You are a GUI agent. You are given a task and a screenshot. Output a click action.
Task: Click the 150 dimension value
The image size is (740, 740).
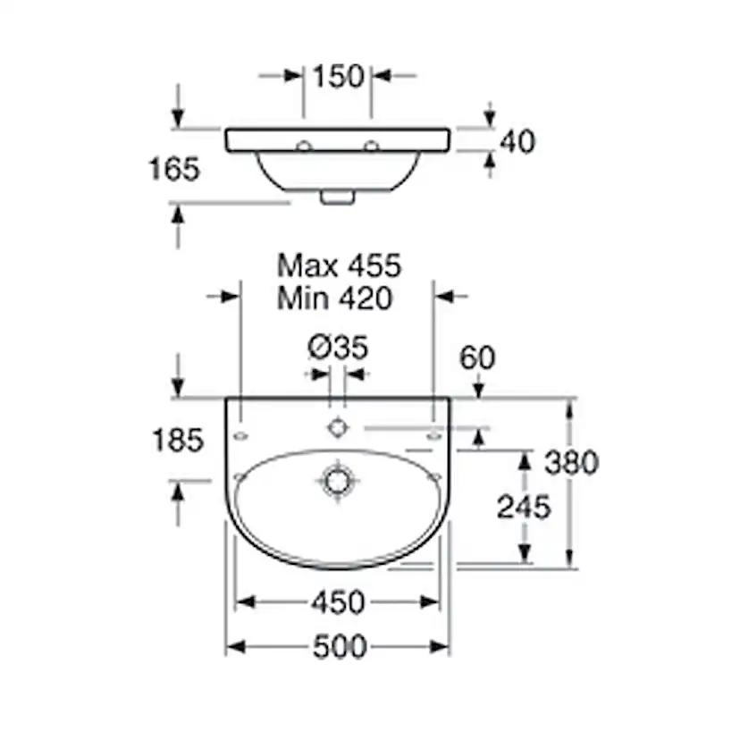(x=339, y=76)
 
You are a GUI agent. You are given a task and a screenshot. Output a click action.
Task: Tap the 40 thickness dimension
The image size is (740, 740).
(x=517, y=141)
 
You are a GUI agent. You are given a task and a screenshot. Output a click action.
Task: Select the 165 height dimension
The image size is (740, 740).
(x=174, y=169)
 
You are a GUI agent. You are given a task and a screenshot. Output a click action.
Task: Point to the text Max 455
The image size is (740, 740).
(x=339, y=265)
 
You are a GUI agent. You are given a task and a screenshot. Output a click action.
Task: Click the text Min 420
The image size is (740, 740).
(x=334, y=299)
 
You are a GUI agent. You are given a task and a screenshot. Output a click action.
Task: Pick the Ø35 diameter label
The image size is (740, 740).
(x=338, y=348)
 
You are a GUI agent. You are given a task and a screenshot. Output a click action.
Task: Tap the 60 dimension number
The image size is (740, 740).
(x=477, y=357)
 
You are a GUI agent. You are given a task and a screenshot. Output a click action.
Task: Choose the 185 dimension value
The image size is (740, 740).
(x=178, y=441)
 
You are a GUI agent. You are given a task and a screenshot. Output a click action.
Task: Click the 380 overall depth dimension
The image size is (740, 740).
(x=571, y=463)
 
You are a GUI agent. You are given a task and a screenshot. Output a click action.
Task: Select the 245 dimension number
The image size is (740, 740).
(x=524, y=508)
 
